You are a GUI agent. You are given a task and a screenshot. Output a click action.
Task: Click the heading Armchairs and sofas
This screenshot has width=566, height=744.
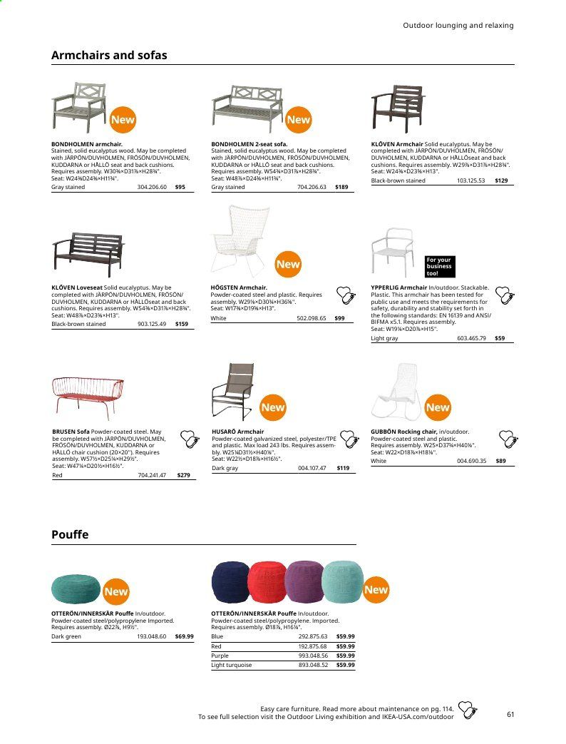(109, 55)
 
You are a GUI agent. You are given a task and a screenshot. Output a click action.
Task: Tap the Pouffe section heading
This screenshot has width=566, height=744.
(70, 534)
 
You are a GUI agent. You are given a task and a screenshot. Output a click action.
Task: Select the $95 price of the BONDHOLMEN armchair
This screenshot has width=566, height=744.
(180, 188)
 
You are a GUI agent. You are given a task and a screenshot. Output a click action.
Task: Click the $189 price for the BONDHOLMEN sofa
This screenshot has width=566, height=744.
(341, 188)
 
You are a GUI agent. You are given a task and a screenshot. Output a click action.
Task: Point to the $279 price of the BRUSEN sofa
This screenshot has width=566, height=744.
(183, 475)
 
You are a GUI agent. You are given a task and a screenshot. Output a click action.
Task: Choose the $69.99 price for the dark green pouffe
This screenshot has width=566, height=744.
(184, 636)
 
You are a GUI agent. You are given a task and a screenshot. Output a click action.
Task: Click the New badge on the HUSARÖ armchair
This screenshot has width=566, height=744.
(273, 408)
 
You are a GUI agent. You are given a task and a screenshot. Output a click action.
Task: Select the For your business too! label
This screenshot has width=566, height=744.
(440, 267)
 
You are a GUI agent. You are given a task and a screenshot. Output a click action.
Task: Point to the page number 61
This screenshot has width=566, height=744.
(510, 714)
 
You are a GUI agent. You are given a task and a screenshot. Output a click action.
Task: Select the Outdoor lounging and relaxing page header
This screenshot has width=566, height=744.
(458, 26)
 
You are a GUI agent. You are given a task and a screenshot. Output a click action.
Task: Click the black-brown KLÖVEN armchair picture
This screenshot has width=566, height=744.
(398, 111)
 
